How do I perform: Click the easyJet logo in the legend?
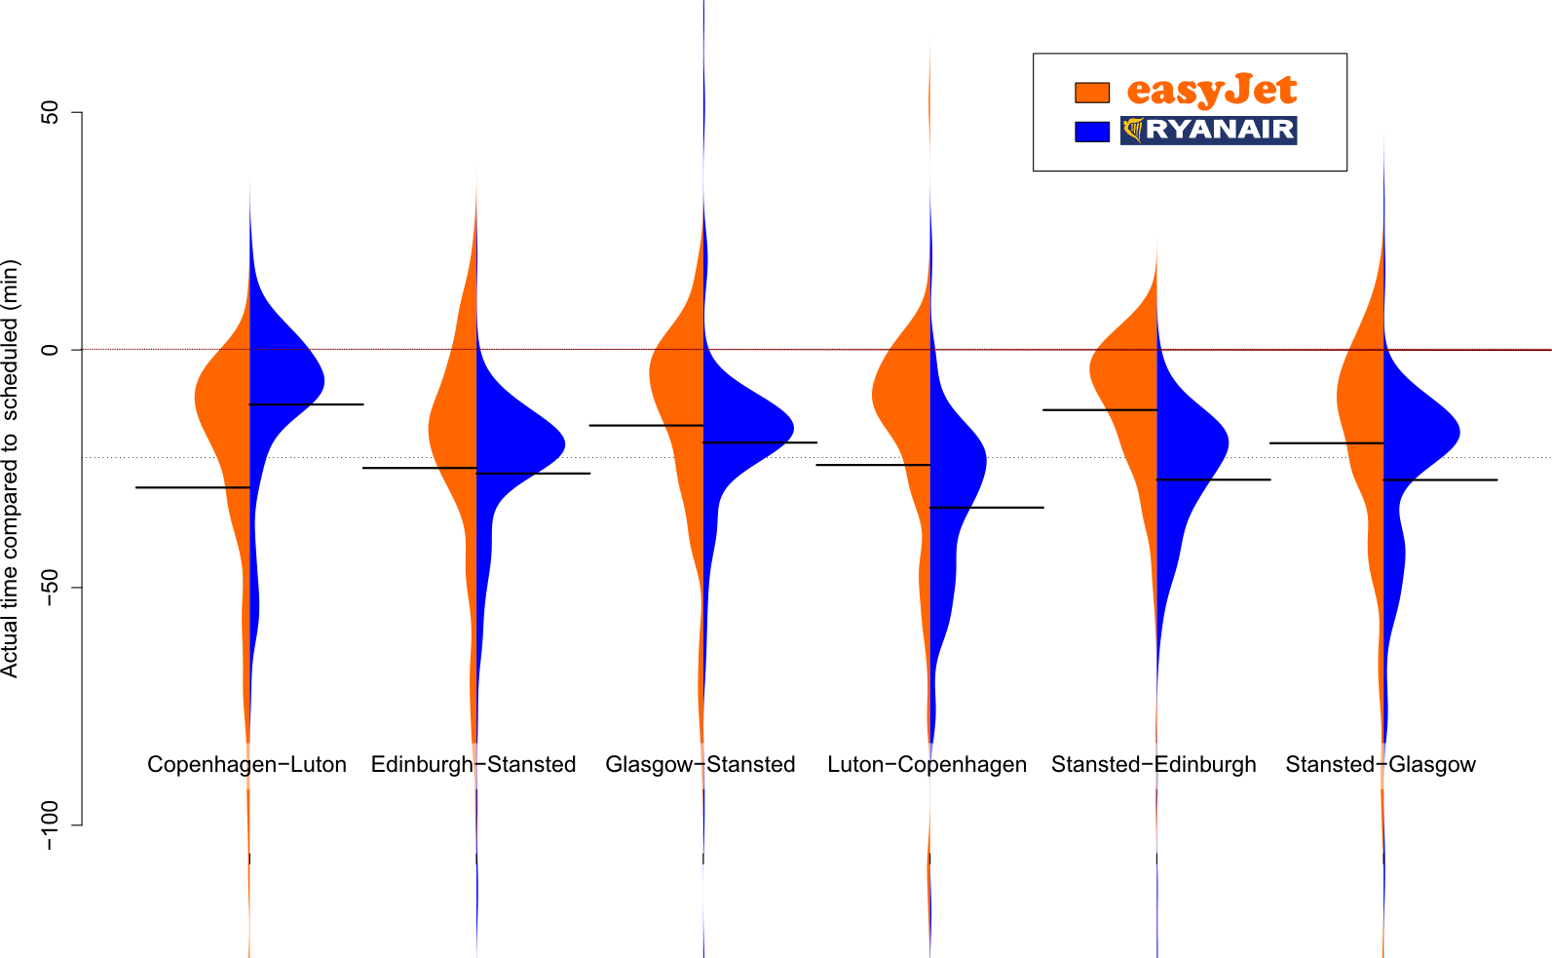click(1212, 90)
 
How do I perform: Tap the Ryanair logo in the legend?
click(1208, 131)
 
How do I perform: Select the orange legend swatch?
click(1092, 93)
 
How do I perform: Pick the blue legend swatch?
click(1092, 131)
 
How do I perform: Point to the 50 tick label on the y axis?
click(50, 112)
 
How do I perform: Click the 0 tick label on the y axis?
click(50, 349)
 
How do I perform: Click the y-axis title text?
click(11, 469)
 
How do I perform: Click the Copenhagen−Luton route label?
click(246, 764)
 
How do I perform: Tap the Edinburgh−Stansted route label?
click(473, 764)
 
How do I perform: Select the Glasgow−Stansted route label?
click(700, 764)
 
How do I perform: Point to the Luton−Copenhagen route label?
click(927, 764)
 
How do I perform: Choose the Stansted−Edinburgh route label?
click(1154, 764)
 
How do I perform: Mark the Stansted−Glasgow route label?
click(1381, 764)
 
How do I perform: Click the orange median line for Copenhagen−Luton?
click(193, 487)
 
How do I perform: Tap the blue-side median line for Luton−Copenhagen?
click(987, 508)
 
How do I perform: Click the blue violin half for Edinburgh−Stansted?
click(512, 443)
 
